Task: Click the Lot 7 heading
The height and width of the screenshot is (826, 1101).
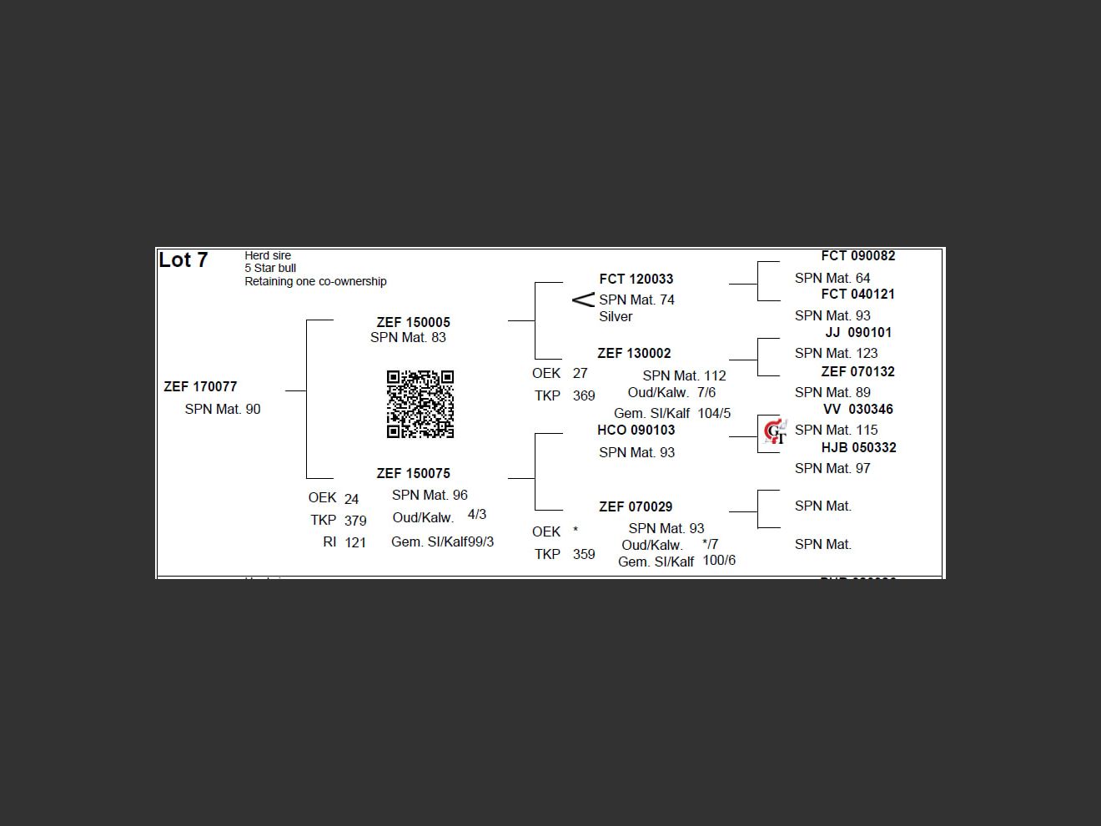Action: click(183, 260)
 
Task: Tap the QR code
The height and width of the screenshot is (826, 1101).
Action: click(420, 405)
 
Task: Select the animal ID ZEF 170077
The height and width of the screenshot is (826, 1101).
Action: click(200, 387)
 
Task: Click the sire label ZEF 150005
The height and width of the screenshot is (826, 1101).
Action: click(413, 322)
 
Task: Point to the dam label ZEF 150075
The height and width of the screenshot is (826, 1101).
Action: click(413, 473)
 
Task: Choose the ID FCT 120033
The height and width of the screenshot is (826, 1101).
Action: click(636, 280)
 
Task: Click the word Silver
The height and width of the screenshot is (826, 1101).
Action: click(616, 317)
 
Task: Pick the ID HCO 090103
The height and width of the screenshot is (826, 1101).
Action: click(636, 431)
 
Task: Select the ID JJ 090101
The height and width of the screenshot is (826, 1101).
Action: click(858, 332)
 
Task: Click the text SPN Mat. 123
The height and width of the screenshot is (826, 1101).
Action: click(836, 354)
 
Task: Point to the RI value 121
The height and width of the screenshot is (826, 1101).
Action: click(355, 542)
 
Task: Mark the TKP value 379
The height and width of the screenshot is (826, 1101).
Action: click(355, 521)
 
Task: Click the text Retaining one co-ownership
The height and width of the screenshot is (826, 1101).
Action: click(315, 282)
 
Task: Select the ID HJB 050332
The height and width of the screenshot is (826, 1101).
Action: click(858, 448)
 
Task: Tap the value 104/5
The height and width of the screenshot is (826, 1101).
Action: click(714, 413)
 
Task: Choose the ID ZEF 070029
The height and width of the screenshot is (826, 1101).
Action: click(636, 507)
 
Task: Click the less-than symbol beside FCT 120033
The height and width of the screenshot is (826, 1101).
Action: click(583, 300)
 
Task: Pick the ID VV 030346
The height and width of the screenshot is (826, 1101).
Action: click(857, 410)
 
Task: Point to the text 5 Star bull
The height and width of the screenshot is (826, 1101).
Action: click(270, 269)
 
